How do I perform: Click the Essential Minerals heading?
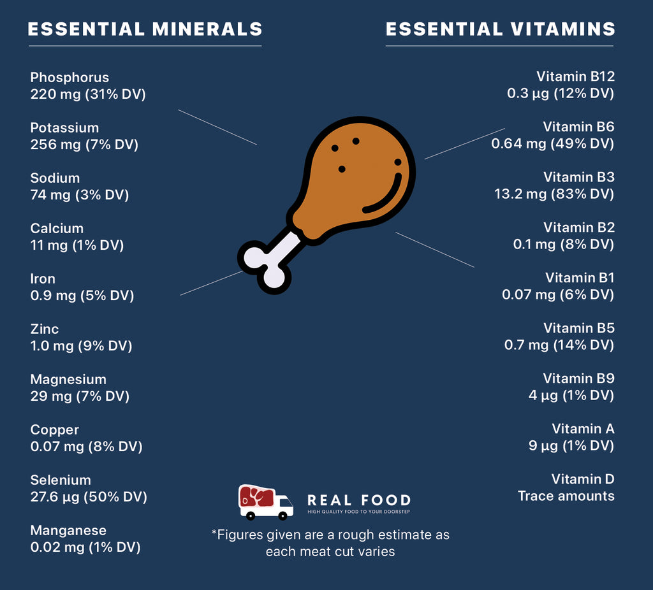145,29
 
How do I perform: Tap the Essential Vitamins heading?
501,29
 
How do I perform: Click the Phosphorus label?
70,78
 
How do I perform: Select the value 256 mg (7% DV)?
84,145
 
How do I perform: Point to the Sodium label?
55,178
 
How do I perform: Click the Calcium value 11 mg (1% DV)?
77,245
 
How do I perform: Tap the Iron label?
43,279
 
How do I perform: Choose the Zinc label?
45,329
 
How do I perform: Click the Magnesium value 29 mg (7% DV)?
80,396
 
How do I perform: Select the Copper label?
55,430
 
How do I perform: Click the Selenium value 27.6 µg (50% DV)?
89,497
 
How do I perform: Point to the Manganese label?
68,531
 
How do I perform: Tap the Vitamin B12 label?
575,77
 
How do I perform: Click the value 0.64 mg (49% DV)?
552,144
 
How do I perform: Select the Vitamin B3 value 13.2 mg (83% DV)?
554,194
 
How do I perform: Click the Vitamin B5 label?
578,329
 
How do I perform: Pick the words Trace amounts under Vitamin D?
566,496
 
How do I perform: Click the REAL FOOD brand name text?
359,501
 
